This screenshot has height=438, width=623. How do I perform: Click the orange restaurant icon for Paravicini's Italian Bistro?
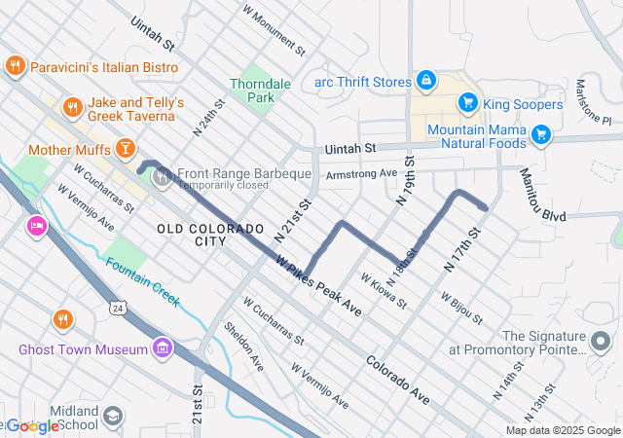(x=15, y=66)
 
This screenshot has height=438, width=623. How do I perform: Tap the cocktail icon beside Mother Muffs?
(x=124, y=149)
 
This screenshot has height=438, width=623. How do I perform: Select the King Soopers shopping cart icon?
(x=468, y=102)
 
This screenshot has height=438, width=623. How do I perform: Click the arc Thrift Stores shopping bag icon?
(x=425, y=80)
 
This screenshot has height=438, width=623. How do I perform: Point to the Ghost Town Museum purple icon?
(x=162, y=348)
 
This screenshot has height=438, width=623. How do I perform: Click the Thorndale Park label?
(x=260, y=91)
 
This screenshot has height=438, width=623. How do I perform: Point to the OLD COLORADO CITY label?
(x=209, y=234)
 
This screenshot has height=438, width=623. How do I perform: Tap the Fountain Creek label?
(x=142, y=281)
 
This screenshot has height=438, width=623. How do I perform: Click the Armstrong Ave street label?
(x=362, y=173)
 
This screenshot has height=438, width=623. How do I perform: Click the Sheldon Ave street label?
(x=243, y=347)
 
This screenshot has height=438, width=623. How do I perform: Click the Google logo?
(x=31, y=425)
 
